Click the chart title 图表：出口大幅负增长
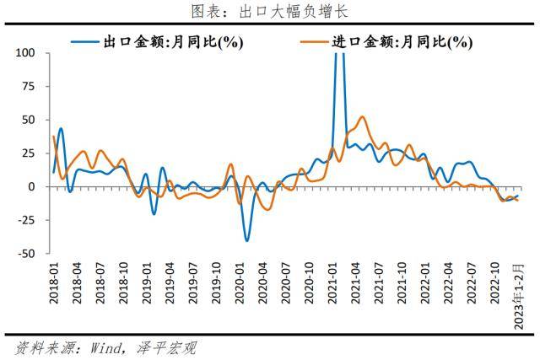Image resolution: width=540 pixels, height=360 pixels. pyautogui.click(x=270, y=11)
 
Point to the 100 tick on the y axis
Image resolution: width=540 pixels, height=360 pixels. pyautogui.click(x=24, y=53)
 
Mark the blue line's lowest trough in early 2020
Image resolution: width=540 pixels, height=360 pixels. pyautogui.click(x=247, y=240)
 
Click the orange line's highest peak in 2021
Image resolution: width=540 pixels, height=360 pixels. pyautogui.click(x=362, y=116)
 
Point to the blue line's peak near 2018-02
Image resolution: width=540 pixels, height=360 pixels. pyautogui.click(x=61, y=128)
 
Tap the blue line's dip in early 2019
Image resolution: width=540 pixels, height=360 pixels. pyautogui.click(x=154, y=213)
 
